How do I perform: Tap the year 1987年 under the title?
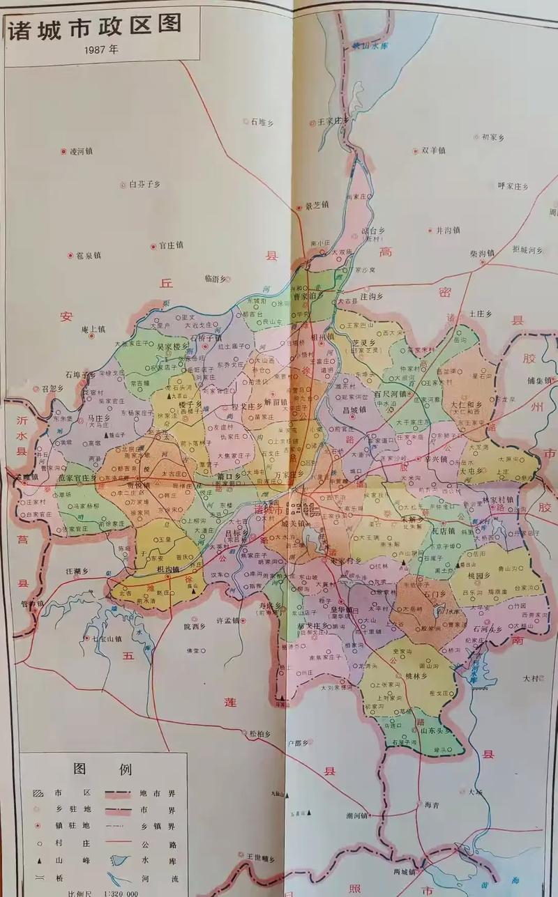(x=101, y=50)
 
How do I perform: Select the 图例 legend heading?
(x=103, y=769)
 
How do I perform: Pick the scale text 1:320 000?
(x=111, y=893)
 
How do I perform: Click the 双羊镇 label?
(x=432, y=150)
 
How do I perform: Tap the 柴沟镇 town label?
(x=481, y=254)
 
